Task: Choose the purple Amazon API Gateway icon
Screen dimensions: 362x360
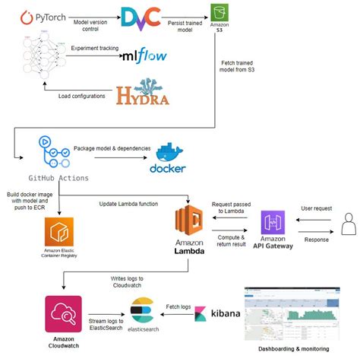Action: [273, 224]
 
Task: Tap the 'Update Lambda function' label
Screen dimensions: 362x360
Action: [128, 203]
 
